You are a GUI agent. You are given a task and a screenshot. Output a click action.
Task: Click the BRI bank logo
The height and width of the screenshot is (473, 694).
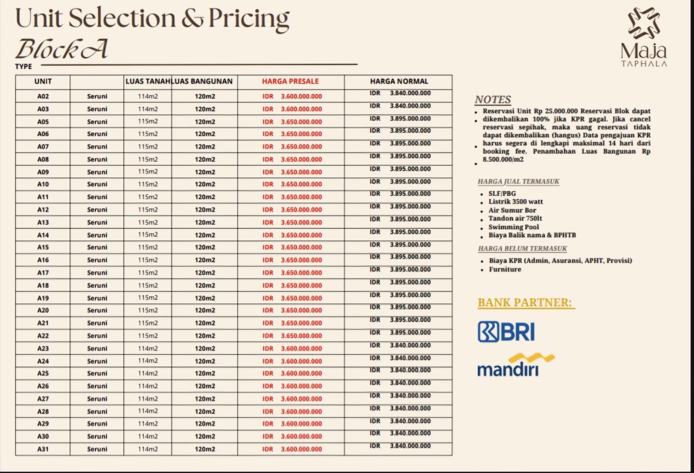[505, 331]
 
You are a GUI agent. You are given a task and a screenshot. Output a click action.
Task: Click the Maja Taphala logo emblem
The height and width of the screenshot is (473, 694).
[643, 25]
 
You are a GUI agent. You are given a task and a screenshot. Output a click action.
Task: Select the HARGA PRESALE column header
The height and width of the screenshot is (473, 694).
[290, 81]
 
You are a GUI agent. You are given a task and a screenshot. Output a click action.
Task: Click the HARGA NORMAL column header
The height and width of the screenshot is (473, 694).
[399, 81]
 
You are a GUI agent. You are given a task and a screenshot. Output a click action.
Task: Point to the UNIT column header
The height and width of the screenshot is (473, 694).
[43, 81]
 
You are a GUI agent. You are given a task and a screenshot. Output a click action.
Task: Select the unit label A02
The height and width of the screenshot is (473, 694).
[43, 97]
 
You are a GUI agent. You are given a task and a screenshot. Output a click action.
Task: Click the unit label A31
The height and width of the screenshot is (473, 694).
[43, 449]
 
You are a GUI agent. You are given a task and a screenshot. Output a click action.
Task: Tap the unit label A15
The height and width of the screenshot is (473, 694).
[43, 248]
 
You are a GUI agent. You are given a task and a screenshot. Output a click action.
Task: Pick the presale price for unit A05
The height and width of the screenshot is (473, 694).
[292, 122]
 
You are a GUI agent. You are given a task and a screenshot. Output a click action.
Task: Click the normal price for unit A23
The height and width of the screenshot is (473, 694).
[400, 345]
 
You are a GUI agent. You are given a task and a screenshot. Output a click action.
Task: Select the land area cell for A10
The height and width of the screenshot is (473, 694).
[148, 185]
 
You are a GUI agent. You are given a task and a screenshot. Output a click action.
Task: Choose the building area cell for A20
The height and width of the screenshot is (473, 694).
[204, 311]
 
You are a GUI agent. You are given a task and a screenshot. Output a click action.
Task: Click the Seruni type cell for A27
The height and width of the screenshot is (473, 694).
[97, 399]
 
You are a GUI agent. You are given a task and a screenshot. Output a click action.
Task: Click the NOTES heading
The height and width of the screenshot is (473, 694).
[492, 100]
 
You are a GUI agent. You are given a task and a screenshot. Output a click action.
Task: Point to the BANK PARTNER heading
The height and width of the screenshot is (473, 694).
[526, 303]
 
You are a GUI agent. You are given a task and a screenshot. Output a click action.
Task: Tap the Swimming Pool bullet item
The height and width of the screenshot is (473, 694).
[513, 227]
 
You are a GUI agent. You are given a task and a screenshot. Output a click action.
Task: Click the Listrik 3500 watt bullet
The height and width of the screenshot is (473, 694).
[515, 202]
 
